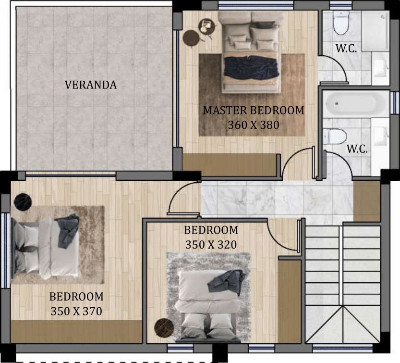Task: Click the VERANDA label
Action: [x=91, y=85]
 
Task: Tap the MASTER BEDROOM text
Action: [x=254, y=111]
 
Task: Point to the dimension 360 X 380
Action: [x=254, y=125]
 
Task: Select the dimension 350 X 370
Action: [x=76, y=311]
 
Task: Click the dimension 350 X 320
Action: [x=211, y=245]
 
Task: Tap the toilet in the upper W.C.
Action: [x=341, y=23]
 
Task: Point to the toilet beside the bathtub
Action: [x=334, y=137]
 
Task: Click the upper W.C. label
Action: [x=346, y=48]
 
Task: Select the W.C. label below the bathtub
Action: [x=357, y=149]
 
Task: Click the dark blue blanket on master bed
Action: [x=251, y=67]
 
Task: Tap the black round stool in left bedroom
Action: [x=23, y=202]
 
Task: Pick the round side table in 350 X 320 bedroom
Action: [x=164, y=327]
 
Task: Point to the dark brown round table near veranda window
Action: [x=191, y=38]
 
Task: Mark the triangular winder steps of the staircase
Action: [x=342, y=325]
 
